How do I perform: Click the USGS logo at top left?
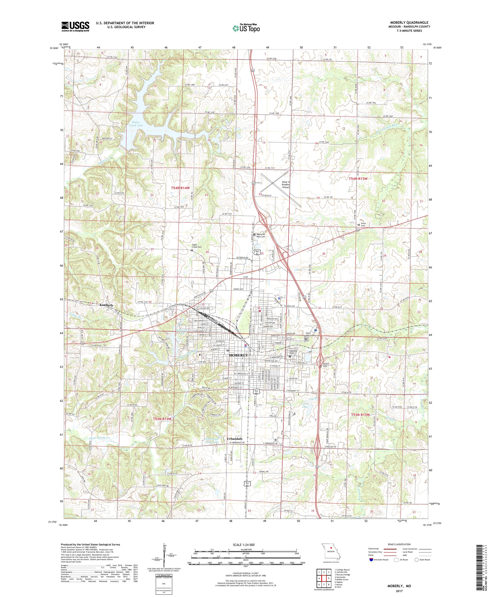point(76,27)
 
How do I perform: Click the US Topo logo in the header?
point(247,28)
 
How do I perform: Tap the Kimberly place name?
point(106,305)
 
